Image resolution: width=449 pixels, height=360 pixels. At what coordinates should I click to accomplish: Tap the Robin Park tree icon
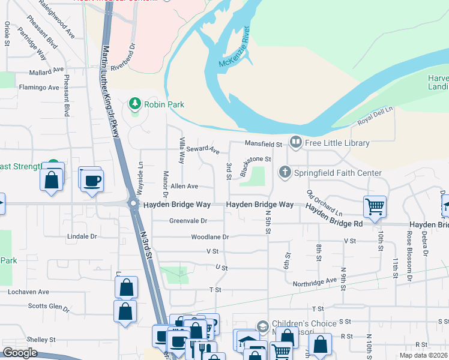pos(135,104)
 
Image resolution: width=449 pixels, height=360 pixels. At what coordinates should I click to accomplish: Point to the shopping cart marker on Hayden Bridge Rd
pos(375,206)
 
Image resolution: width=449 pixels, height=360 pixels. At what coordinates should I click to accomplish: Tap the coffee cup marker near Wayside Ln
pos(92,180)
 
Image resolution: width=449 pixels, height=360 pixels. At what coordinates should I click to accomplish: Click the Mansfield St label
pos(263,144)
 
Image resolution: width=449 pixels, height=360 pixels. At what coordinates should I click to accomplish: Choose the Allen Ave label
pos(184,187)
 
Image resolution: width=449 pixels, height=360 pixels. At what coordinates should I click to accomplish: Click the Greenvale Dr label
pos(188,221)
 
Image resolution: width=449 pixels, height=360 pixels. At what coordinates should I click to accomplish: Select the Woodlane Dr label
pos(210,237)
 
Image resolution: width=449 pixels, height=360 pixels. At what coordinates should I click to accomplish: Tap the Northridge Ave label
pos(315,281)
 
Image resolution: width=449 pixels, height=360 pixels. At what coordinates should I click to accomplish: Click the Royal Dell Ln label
pos(375,115)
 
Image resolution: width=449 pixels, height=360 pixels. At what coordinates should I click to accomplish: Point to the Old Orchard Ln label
pos(324,203)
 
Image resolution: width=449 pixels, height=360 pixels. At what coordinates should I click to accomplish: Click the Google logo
pos(20,353)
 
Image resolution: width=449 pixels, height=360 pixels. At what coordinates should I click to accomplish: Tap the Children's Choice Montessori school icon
pos(262,327)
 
